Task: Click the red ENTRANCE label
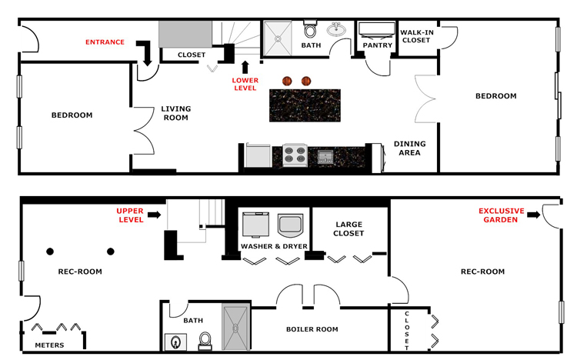coord(105,42)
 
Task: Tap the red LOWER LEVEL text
coord(245,83)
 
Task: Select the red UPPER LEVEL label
coord(130,215)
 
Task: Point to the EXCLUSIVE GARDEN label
coord(502,215)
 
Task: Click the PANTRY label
coord(378,45)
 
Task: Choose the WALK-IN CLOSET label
coord(416,36)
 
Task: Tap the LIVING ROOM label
coord(175,113)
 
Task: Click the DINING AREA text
coord(410,148)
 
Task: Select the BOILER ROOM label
coord(312,329)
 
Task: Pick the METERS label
coord(49,345)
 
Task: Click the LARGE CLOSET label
coord(349,228)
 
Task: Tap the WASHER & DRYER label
coord(274,246)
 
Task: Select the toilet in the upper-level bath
coord(311,31)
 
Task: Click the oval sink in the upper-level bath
coord(336,31)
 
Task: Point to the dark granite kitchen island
coord(305,105)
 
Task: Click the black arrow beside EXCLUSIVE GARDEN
coord(534,216)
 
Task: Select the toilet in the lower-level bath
coord(205,339)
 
